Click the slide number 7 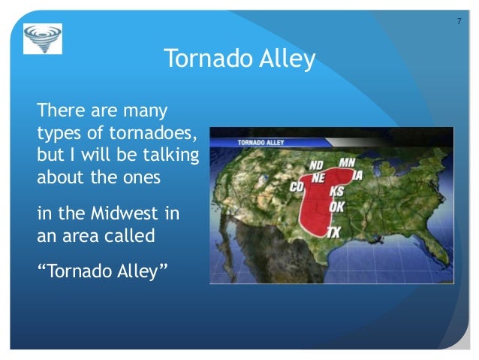(459, 20)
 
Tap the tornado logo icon (43, 38)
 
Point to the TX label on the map (333, 233)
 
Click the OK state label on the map (337, 204)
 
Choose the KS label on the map (337, 191)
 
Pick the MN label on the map (347, 162)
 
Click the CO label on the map (297, 186)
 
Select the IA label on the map (357, 175)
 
